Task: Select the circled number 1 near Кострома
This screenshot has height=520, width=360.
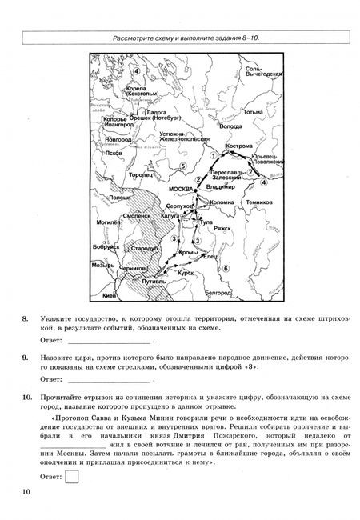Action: (214, 155)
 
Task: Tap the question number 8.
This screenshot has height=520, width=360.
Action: (26, 318)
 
